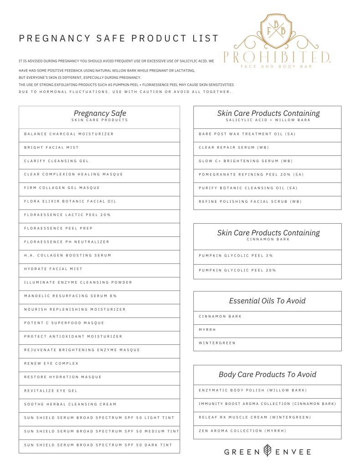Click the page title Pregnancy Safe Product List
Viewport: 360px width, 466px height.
pyautogui.click(x=119, y=39)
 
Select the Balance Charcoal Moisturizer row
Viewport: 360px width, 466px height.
pyautogui.click(x=69, y=134)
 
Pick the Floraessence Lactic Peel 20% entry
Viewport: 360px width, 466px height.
pyautogui.click(x=67, y=215)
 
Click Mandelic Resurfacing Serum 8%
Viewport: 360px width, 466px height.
pyautogui.click(x=71, y=296)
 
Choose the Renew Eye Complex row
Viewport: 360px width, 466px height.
pyautogui.click(x=51, y=363)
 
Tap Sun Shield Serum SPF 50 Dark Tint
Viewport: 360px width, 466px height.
pyautogui.click(x=98, y=445)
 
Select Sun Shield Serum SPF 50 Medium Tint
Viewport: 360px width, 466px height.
pyautogui.click(x=101, y=431)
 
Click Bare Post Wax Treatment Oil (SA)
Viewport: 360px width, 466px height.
pyautogui.click(x=247, y=134)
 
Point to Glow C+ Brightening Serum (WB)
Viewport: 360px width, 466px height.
pyautogui.click(x=246, y=161)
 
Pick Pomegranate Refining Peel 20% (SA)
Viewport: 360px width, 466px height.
pyautogui.click(x=251, y=174)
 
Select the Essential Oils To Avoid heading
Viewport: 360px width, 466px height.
pyautogui.click(x=267, y=301)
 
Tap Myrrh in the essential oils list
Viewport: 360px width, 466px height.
pyautogui.click(x=208, y=330)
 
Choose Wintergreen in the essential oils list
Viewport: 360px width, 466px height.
pyautogui.click(x=217, y=343)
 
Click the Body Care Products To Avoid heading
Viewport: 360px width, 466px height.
pyautogui.click(x=267, y=374)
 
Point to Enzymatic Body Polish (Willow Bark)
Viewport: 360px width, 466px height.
pyautogui.click(x=253, y=390)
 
